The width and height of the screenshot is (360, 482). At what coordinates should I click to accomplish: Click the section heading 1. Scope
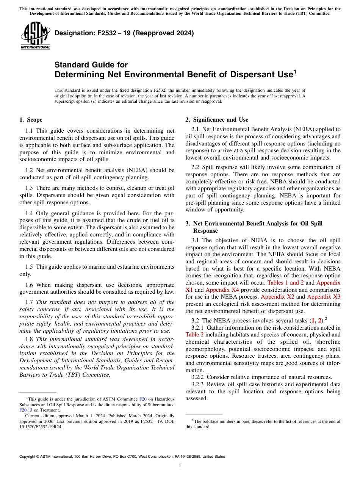click(31, 120)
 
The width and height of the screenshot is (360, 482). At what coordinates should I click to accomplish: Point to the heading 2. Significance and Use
click(217, 120)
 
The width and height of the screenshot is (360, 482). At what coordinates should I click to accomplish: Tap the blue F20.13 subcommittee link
click(26, 410)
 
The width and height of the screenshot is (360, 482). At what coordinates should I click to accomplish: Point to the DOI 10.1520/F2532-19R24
click(41, 426)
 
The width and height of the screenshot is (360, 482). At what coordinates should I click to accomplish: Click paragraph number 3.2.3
click(197, 384)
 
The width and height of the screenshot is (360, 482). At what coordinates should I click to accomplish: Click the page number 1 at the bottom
click(180, 465)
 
